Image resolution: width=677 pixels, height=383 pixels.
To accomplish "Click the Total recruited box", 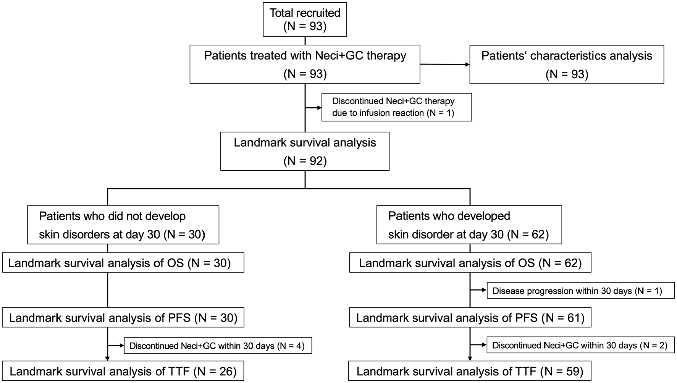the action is pos(305,19).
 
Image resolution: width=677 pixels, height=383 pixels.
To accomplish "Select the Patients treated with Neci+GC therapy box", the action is pos(305,64).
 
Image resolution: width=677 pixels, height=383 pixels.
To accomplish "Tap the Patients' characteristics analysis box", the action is pos(567,64).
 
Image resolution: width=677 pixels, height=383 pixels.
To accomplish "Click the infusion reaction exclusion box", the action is pos(396,107).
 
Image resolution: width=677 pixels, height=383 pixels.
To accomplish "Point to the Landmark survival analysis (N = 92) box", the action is pos(305,151).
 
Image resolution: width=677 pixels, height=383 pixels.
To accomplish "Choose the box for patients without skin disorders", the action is pos(123,225).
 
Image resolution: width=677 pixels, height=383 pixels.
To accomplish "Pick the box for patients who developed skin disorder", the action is pos(469,225).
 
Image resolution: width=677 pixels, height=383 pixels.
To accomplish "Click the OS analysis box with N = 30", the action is pos(123,263).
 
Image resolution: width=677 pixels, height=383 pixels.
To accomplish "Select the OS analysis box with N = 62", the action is pos(470,263).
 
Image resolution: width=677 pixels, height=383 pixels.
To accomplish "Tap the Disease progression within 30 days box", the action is pos(580,291).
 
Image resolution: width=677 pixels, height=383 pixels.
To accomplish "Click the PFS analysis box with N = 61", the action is pos(470,317).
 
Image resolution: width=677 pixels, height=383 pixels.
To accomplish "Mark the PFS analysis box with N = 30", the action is pos(123,317).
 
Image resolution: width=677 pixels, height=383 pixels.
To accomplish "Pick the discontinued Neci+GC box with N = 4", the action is pos(218,346).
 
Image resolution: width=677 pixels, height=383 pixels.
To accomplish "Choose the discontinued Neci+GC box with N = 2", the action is pos(580,345).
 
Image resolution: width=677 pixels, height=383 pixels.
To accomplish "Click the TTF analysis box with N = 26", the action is pos(123,371).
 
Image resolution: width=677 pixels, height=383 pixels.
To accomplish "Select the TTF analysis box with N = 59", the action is pos(470,371).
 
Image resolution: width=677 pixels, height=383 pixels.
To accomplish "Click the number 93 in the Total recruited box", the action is pos(317,26).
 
